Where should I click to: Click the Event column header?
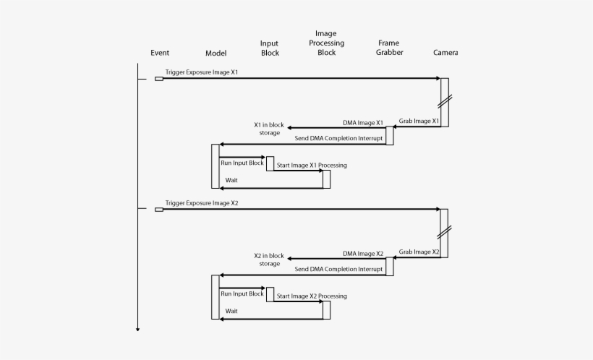(160, 53)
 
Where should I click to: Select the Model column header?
(216, 53)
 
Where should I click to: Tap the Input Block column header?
(269, 48)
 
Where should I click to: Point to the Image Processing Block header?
(326, 43)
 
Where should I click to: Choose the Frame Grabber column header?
(389, 48)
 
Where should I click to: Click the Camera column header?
(445, 53)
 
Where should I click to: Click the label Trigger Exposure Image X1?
(202, 72)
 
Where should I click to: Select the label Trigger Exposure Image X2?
(202, 203)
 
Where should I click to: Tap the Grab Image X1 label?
(419, 121)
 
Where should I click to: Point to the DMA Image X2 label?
(363, 254)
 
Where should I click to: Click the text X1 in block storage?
(269, 129)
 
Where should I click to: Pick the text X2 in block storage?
(269, 260)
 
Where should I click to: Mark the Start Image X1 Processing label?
(312, 166)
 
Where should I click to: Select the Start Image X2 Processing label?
(312, 296)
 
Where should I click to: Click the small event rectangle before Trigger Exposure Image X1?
(159, 78)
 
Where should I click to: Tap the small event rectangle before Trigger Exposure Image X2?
(159, 210)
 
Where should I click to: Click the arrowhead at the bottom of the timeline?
(137, 329)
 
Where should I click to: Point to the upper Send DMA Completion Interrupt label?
(338, 137)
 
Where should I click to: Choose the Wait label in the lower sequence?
(231, 311)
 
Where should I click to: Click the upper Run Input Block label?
(242, 163)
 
